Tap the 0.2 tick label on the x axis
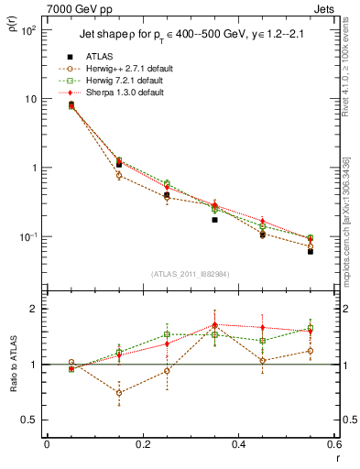142,444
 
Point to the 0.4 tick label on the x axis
238,444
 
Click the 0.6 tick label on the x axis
333,444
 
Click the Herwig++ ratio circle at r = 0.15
119,392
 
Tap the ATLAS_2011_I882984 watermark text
190,275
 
